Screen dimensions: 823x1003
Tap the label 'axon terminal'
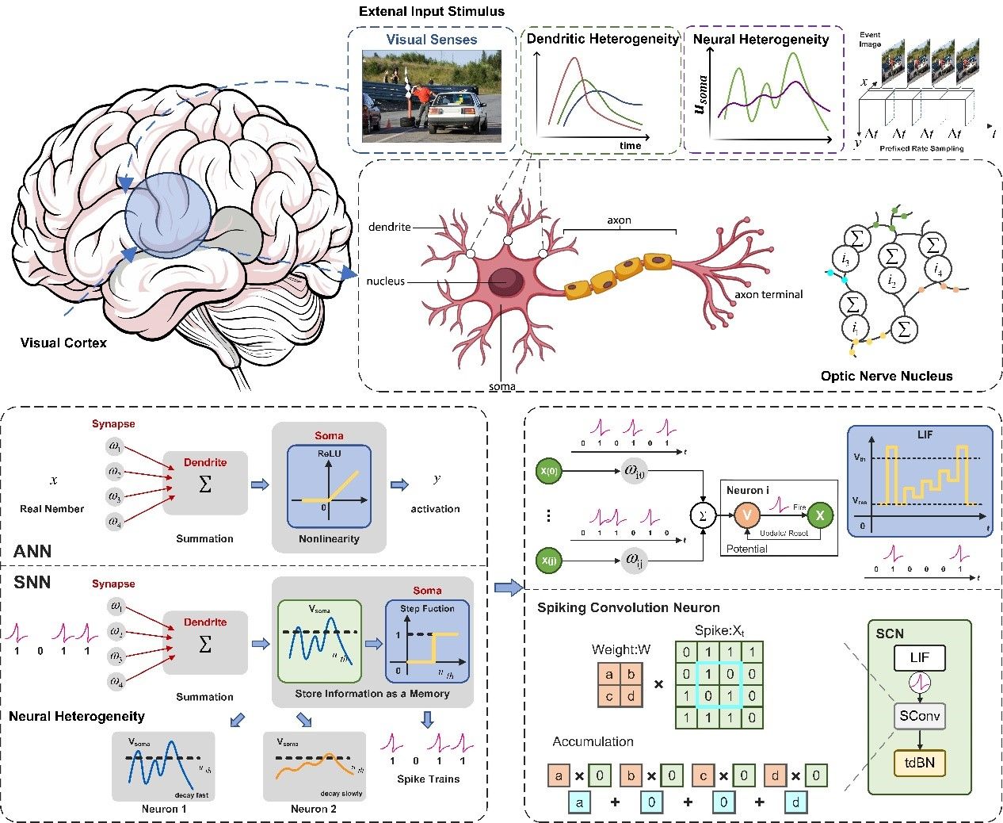click(x=768, y=294)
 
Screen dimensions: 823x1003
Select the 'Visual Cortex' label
click(x=63, y=343)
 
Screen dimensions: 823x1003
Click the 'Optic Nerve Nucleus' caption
click(x=887, y=376)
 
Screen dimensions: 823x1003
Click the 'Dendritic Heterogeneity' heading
click(x=602, y=39)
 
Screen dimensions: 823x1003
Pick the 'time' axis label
click(x=631, y=146)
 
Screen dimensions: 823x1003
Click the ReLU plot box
click(x=329, y=486)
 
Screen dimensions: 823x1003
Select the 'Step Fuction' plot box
click(x=427, y=641)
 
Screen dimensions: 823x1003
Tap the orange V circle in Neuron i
click(x=746, y=515)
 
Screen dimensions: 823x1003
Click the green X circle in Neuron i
click(x=820, y=515)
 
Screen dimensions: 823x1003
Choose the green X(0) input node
click(x=548, y=471)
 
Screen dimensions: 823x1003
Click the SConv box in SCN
click(x=919, y=716)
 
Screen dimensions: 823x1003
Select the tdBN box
click(x=919, y=763)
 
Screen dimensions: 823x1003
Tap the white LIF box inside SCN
click(x=919, y=657)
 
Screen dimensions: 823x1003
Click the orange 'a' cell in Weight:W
click(x=608, y=675)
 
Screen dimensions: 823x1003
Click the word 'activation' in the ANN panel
click(x=435, y=508)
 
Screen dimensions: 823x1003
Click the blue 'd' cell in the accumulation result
click(x=796, y=802)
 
